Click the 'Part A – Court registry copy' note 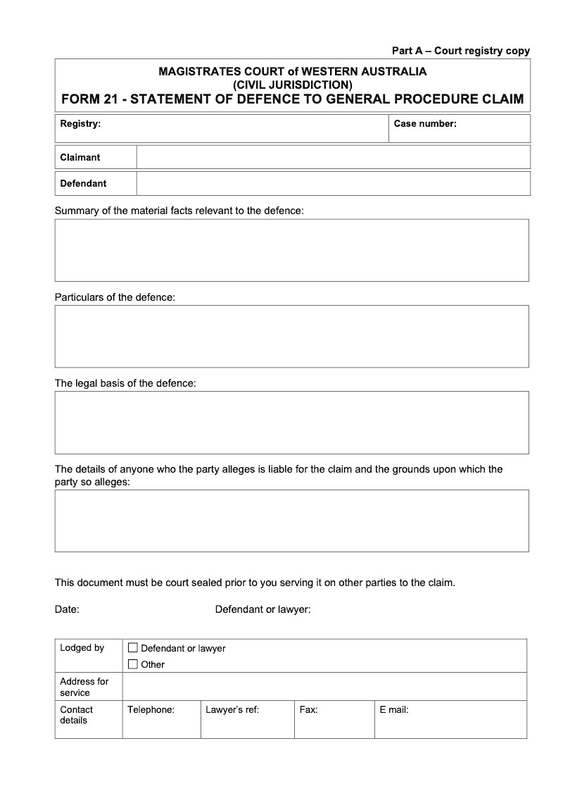(x=460, y=51)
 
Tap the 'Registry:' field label (x=80, y=124)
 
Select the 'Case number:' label (x=425, y=124)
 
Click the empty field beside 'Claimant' (x=333, y=157)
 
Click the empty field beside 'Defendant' (x=333, y=183)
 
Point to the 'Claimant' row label (x=80, y=157)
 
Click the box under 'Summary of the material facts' (x=291, y=250)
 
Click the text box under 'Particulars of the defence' (x=291, y=336)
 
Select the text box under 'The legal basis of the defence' (x=291, y=422)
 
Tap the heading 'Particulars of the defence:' (x=115, y=297)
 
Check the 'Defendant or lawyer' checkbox (x=133, y=648)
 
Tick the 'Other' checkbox (x=133, y=664)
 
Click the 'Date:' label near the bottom (x=67, y=609)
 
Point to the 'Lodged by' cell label (x=82, y=648)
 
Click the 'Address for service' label (x=84, y=687)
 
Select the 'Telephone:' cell (x=161, y=719)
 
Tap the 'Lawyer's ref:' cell (x=247, y=719)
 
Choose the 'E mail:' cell (x=450, y=719)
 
